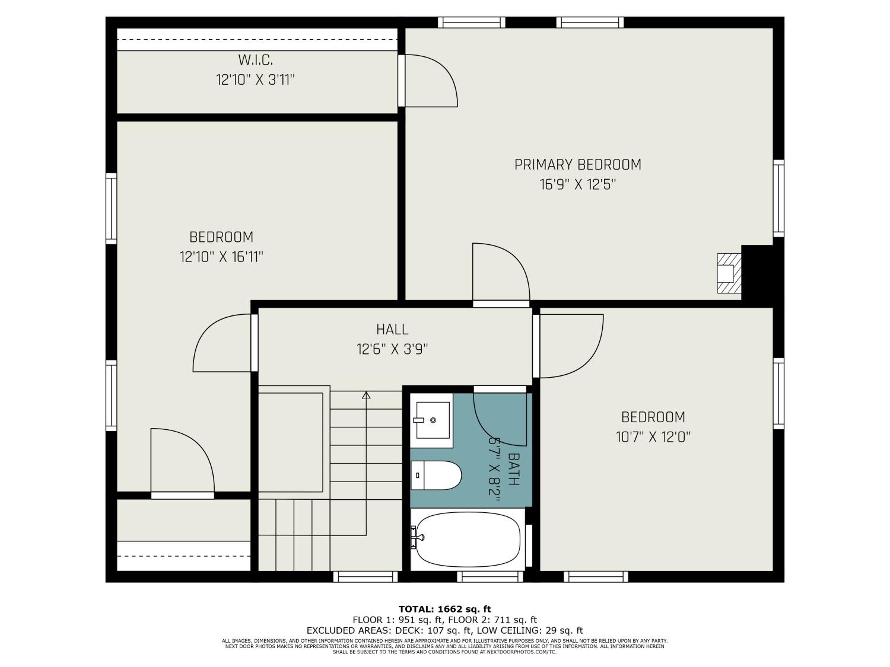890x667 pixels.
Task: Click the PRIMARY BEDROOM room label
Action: pos(578,165)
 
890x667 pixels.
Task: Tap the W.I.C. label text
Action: pos(255,60)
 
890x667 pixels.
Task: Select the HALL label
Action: pos(392,330)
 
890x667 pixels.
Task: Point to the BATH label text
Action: pos(514,469)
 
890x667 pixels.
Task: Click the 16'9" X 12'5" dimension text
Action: pos(578,185)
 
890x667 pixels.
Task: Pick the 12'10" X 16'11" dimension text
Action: pos(221,257)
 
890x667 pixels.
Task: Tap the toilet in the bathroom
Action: pos(436,475)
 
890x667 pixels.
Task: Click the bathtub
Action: pos(468,539)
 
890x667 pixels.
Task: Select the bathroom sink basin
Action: pos(433,420)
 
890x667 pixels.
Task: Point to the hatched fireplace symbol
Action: pos(730,273)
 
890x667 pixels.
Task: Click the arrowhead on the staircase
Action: pos(366,396)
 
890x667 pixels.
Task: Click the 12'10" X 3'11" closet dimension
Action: pos(255,80)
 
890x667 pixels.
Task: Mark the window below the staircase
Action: pos(365,577)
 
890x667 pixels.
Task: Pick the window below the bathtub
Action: pos(490,577)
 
